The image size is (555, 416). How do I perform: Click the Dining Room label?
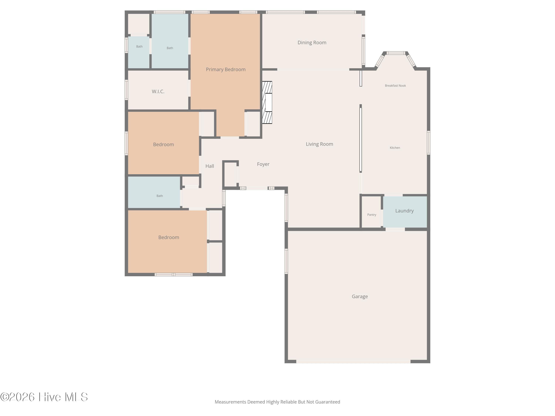(x=312, y=43)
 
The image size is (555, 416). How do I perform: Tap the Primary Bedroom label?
(x=226, y=70)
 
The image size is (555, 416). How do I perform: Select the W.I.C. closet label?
(x=158, y=92)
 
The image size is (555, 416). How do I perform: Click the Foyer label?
(x=263, y=164)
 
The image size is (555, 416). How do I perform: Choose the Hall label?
(x=210, y=166)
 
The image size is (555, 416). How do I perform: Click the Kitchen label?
(x=395, y=148)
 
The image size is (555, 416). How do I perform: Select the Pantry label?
(x=372, y=215)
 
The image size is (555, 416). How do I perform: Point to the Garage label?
(x=360, y=296)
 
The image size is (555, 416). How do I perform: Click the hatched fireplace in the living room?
(x=267, y=102)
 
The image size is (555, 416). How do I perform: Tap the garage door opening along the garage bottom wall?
(x=353, y=361)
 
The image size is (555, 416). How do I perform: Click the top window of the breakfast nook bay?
(x=396, y=53)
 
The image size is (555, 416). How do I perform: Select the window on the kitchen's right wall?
(x=428, y=143)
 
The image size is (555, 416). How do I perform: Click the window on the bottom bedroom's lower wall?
(x=174, y=275)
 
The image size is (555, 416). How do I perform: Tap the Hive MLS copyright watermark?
(x=44, y=397)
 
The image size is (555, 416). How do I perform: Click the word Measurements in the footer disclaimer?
(x=230, y=402)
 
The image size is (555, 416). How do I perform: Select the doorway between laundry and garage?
(x=395, y=229)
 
